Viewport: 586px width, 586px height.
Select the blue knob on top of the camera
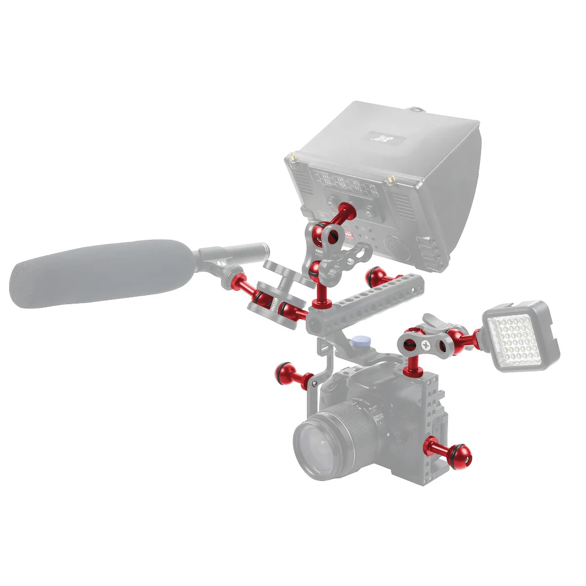(362, 341)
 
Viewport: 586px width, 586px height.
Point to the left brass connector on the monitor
(292, 158)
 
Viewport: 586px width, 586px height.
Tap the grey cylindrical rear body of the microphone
(234, 250)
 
